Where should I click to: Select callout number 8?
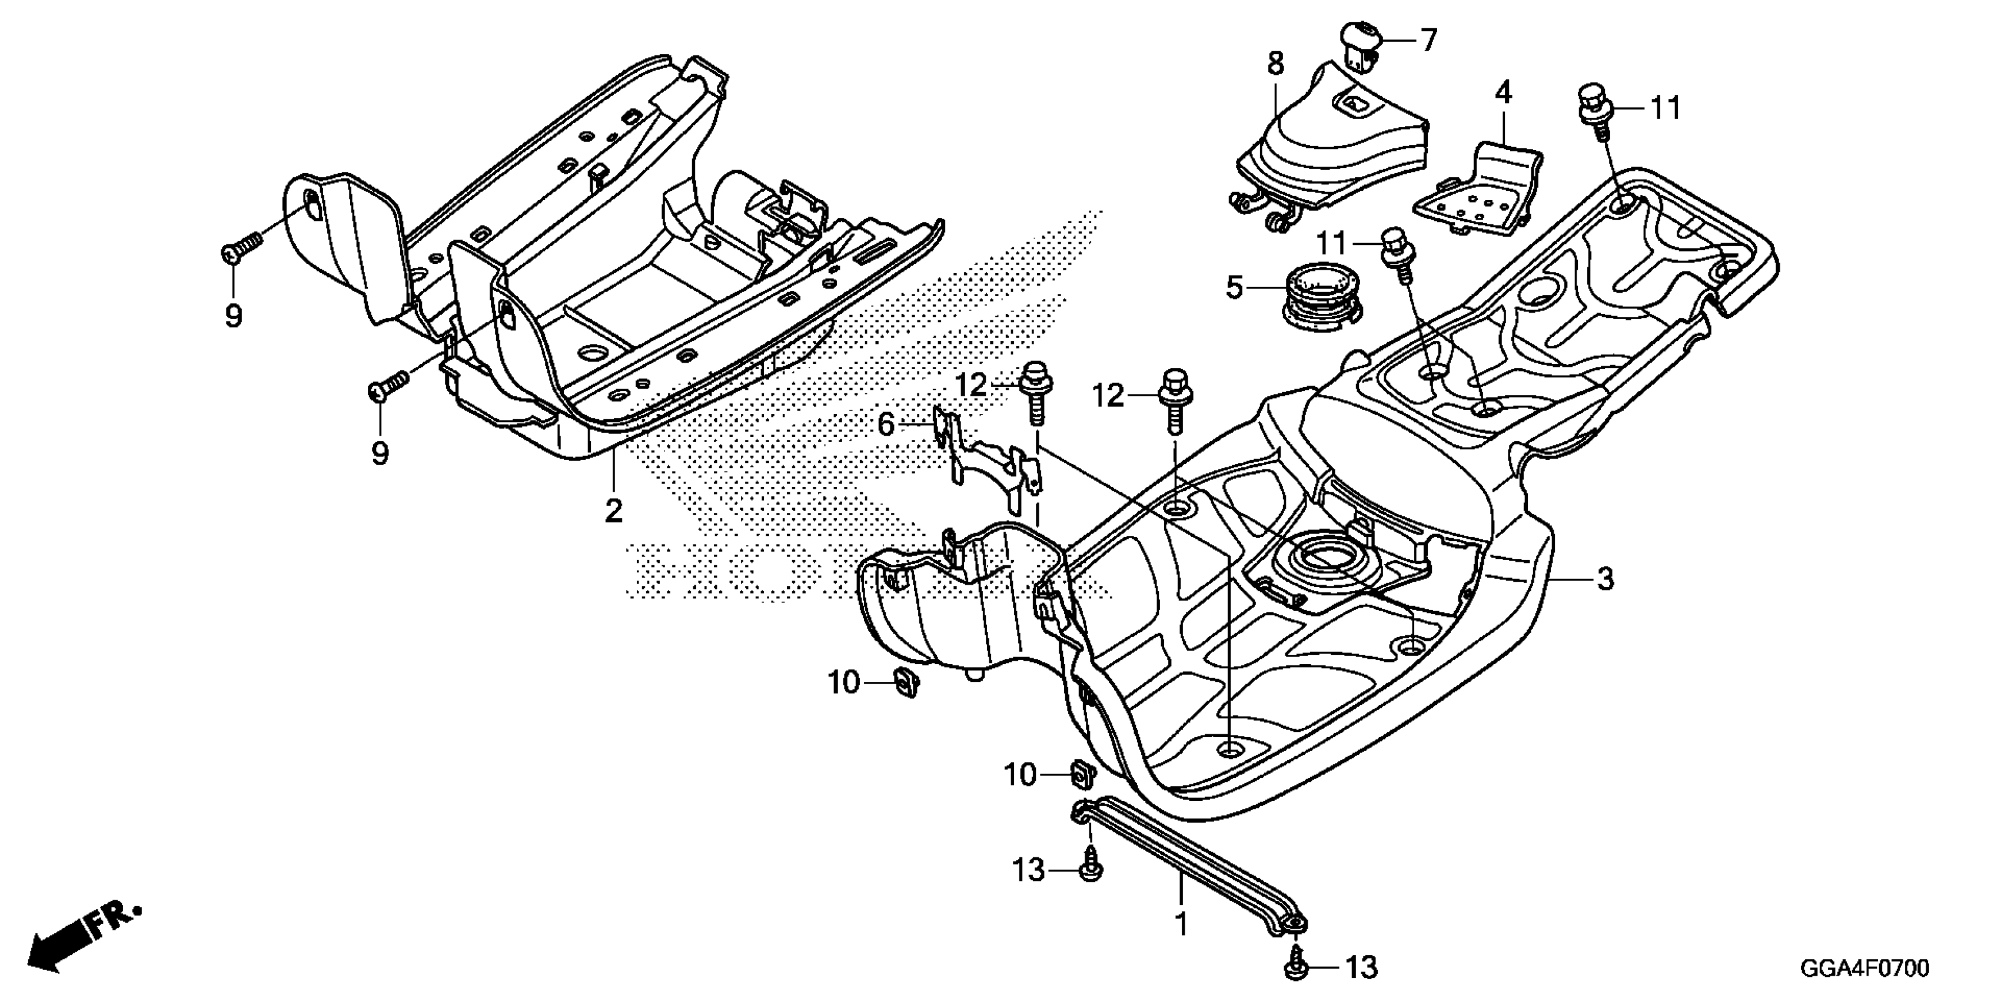1277,63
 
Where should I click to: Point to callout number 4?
1503,93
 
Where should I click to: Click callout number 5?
1234,287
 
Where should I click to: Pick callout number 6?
886,425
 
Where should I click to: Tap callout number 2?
614,511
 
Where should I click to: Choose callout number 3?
1605,579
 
